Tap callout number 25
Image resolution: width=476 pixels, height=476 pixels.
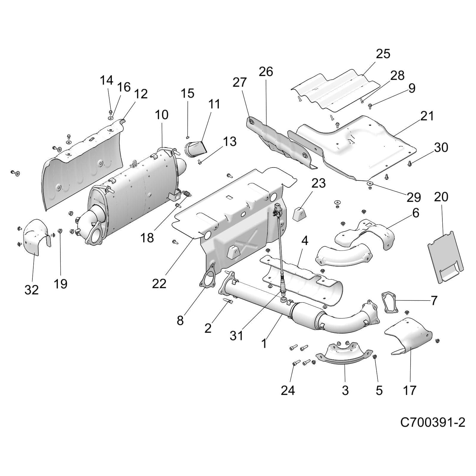tap(383, 54)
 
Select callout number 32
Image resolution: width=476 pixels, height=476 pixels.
tap(32, 289)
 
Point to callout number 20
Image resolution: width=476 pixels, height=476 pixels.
tap(441, 197)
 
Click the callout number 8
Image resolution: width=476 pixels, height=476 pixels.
tap(180, 320)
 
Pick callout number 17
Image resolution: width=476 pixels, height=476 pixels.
tap(409, 390)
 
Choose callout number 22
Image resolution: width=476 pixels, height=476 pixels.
tap(159, 284)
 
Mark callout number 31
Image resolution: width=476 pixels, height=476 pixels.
tap(237, 336)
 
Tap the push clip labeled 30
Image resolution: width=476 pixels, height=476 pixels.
tap(410, 163)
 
